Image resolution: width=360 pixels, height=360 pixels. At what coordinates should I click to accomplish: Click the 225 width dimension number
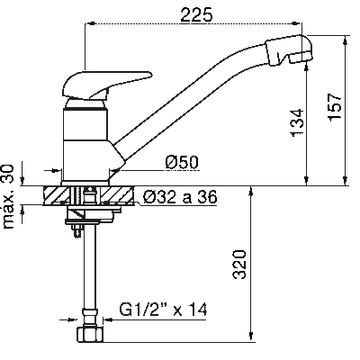coord(196,14)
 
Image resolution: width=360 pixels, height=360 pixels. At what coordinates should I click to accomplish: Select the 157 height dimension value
coord(335,107)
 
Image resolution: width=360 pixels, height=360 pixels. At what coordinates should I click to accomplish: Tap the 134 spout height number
coord(297,122)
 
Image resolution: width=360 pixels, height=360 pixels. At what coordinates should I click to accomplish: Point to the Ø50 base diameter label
coord(182,162)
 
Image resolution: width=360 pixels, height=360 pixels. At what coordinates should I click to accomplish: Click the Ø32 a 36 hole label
coord(180,197)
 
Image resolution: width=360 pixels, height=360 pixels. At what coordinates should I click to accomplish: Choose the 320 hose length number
coord(239,265)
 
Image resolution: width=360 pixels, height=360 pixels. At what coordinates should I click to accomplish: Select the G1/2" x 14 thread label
coord(163,310)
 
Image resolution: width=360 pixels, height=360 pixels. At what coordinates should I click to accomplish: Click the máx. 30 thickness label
coord(8,196)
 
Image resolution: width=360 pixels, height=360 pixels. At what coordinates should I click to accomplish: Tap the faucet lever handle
coord(106,85)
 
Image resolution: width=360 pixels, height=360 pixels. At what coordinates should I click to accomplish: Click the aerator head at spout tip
coord(289,50)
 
